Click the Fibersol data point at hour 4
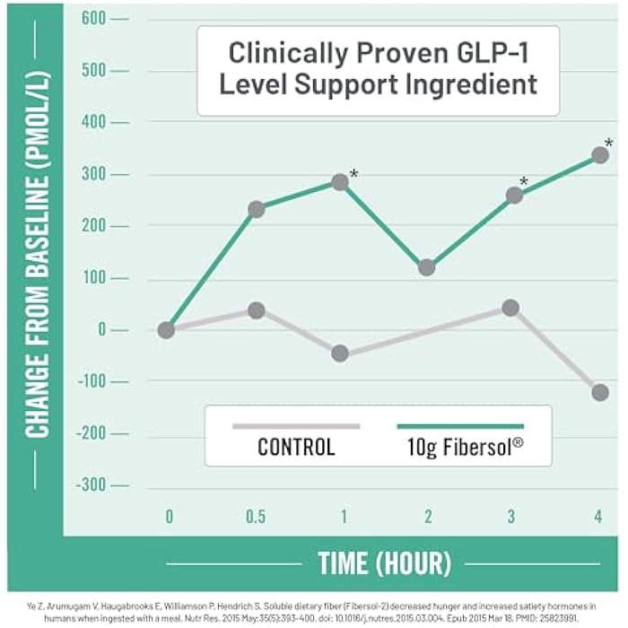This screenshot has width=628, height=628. (600, 155)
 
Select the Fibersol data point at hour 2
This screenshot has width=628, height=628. (426, 267)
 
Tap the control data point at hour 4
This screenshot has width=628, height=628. (600, 393)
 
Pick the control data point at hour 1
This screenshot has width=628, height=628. (340, 353)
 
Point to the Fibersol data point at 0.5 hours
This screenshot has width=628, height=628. (257, 209)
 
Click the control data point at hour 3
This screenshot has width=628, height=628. (510, 308)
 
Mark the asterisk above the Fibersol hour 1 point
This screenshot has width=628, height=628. (354, 174)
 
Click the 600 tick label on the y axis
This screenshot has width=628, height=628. (93, 19)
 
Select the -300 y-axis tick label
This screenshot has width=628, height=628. (91, 485)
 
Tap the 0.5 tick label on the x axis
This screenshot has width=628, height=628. (256, 517)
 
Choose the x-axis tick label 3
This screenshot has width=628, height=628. (511, 517)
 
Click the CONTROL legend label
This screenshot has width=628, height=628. (296, 447)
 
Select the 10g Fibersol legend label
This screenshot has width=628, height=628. (465, 447)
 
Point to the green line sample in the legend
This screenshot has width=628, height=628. (460, 426)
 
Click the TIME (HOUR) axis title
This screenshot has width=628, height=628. (385, 563)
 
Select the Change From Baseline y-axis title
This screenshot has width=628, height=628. (38, 254)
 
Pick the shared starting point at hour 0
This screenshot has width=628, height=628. (166, 330)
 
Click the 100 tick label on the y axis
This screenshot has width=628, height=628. (94, 277)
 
